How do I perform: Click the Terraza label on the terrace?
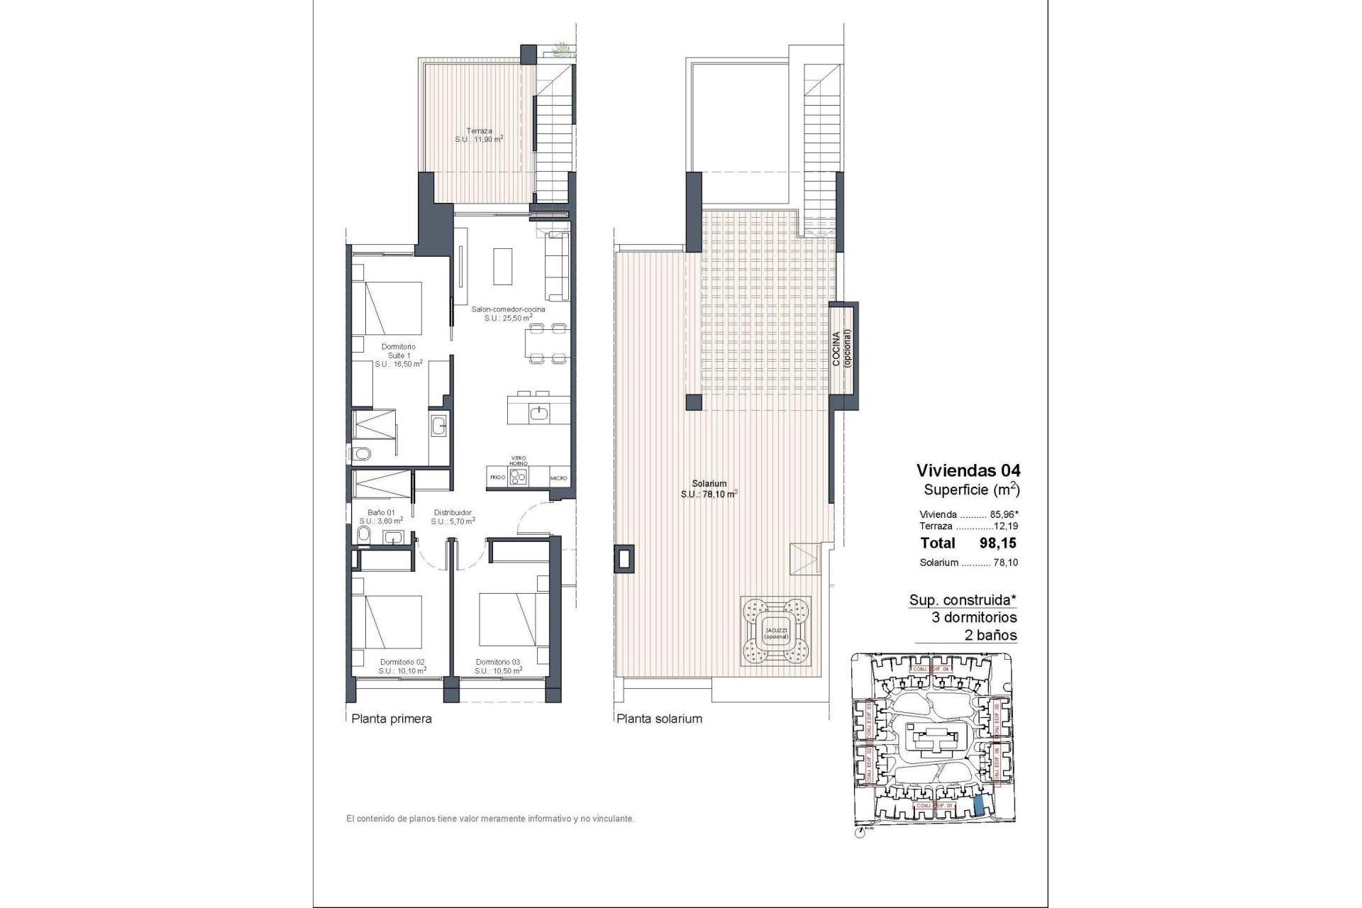point(479,135)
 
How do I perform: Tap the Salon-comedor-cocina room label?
point(509,314)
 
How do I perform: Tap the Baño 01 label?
point(381,516)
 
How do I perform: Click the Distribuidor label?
point(452,516)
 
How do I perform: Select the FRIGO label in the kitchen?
point(497,478)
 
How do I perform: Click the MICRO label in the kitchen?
point(558,478)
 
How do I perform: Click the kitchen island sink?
point(540,411)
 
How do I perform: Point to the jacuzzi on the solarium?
point(776,629)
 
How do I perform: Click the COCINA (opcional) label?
point(841,348)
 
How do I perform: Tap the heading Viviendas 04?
point(968,470)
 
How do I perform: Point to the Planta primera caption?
point(392,719)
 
